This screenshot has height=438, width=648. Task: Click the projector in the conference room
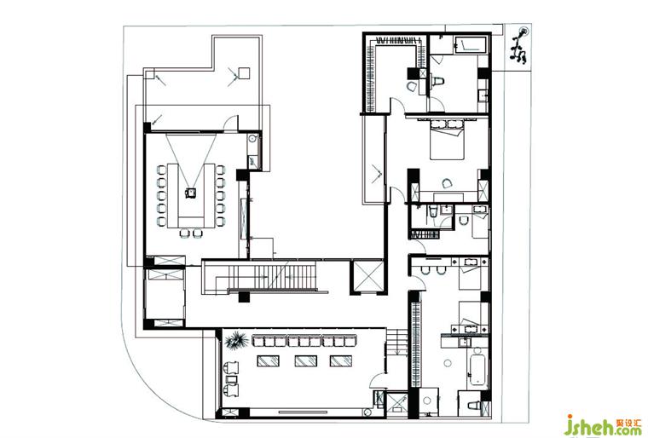point(193,192)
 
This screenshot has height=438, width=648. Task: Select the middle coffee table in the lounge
point(304,361)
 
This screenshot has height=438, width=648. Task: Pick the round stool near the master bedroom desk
point(448,182)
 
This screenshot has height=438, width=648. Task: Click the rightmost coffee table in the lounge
point(339,361)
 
